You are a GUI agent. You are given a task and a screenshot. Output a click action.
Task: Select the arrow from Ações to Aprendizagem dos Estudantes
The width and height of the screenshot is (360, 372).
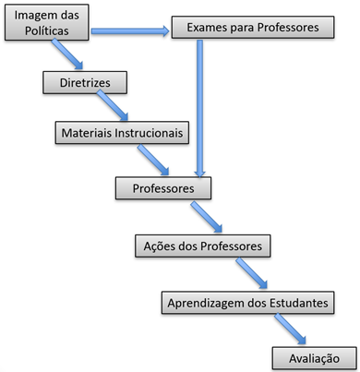pyautogui.click(x=250, y=274)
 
